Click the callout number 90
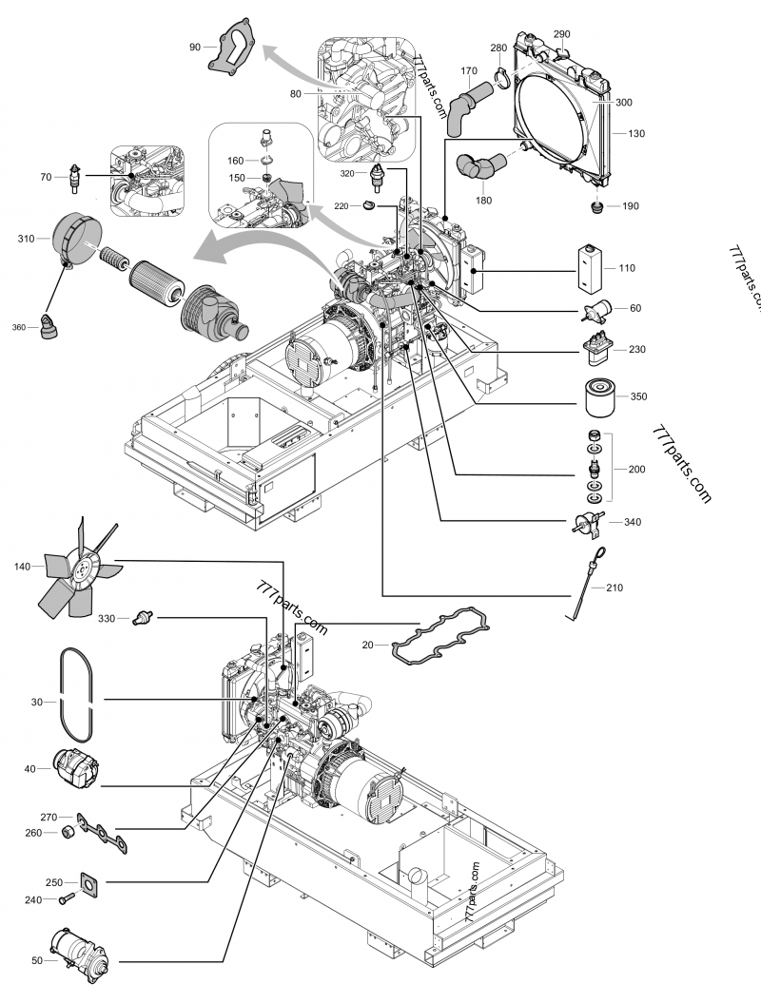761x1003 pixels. (195, 47)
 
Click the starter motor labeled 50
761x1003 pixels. (79, 957)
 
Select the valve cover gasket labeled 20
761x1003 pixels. (441, 634)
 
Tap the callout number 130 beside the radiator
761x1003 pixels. (636, 134)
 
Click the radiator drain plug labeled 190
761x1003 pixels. (597, 207)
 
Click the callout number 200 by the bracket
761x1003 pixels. (636, 469)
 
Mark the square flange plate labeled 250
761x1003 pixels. (91, 882)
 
